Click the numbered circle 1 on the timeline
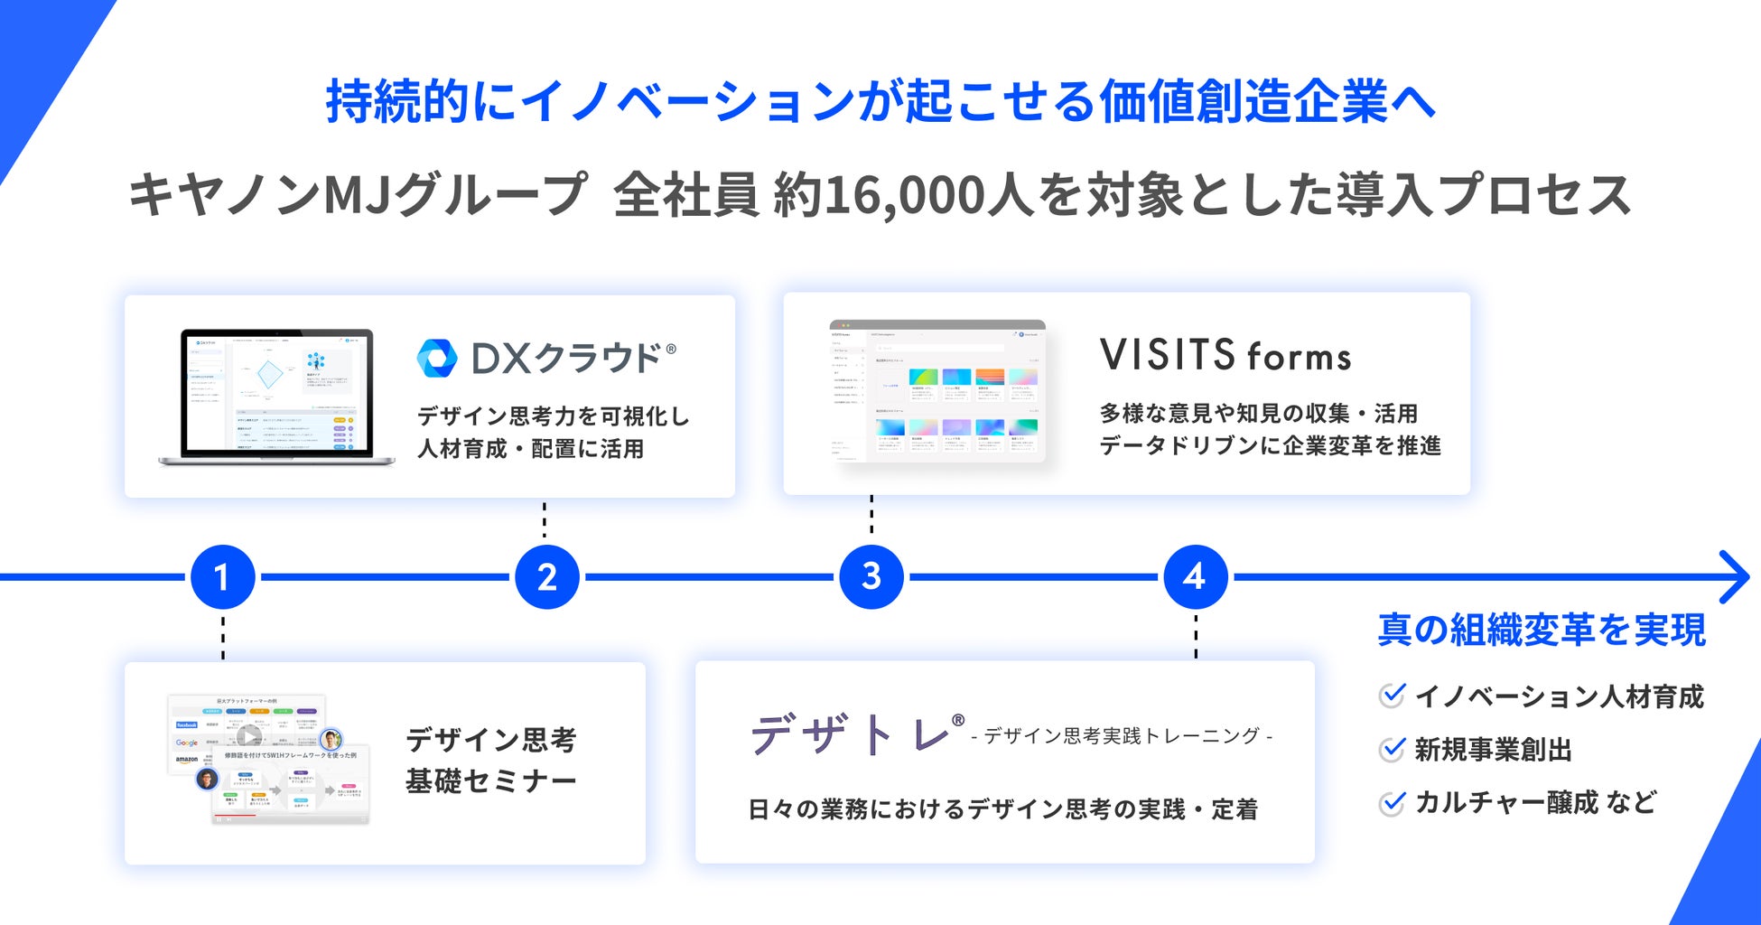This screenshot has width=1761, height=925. pyautogui.click(x=222, y=577)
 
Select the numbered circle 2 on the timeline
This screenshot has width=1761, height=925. pyautogui.click(x=547, y=577)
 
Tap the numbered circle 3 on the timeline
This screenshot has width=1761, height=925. pyautogui.click(x=871, y=576)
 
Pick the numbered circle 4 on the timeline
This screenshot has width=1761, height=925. pyautogui.click(x=1195, y=576)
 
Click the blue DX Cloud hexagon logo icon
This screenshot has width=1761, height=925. pyautogui.click(x=437, y=359)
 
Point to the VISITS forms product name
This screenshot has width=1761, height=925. pyautogui.click(x=1225, y=355)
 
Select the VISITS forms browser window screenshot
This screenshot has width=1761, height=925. pyautogui.click(x=936, y=390)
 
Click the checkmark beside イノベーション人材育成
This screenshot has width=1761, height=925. pyautogui.click(x=1393, y=696)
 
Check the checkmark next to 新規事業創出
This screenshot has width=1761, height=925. pyautogui.click(x=1393, y=749)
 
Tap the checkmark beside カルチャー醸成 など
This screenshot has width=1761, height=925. pyautogui.click(x=1393, y=802)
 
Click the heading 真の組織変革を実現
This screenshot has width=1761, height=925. pyautogui.click(x=1542, y=630)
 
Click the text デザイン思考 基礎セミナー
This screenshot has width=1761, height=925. pyautogui.click(x=490, y=760)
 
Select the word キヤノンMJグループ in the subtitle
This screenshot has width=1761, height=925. pyautogui.click(x=358, y=195)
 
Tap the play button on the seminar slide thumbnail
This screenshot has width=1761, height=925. pyautogui.click(x=249, y=736)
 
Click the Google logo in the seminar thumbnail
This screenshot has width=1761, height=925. pyautogui.click(x=187, y=743)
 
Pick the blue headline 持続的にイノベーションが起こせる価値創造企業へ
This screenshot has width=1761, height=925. pyautogui.click(x=880, y=101)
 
